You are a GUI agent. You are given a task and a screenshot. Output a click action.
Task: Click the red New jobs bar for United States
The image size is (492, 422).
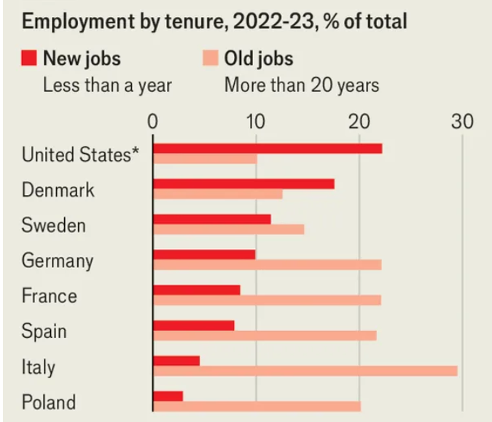pyautogui.click(x=267, y=149)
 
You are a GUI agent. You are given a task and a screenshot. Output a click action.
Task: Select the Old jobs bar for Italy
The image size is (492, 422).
pyautogui.click(x=305, y=371)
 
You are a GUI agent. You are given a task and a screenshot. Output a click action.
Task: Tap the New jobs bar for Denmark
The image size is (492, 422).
pyautogui.click(x=243, y=184)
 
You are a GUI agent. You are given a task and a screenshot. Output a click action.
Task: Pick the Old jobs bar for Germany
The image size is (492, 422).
pyautogui.click(x=267, y=264)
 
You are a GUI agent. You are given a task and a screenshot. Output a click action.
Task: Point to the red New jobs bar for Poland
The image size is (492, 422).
pyautogui.click(x=168, y=396)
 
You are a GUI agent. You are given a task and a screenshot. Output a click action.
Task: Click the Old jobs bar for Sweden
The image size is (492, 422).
pyautogui.click(x=228, y=229)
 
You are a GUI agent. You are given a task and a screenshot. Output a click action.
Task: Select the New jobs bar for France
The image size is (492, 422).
pyautogui.click(x=196, y=290)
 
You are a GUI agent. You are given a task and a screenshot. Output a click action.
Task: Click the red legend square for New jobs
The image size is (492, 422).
pyautogui.click(x=28, y=58)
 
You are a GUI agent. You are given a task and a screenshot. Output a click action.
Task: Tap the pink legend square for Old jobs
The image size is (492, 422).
pyautogui.click(x=209, y=58)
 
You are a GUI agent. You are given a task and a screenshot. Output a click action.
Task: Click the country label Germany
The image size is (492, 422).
pyautogui.click(x=58, y=261)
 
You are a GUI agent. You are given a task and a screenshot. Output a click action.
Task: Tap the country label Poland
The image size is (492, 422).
pyautogui.click(x=48, y=402)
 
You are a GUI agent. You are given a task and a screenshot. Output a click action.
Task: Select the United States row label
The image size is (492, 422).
pyautogui.click(x=80, y=155)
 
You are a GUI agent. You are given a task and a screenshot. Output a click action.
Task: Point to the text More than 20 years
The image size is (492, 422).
pyautogui.click(x=301, y=85)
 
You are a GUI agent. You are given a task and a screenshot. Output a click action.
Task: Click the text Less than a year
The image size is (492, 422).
pyautogui.click(x=107, y=85)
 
